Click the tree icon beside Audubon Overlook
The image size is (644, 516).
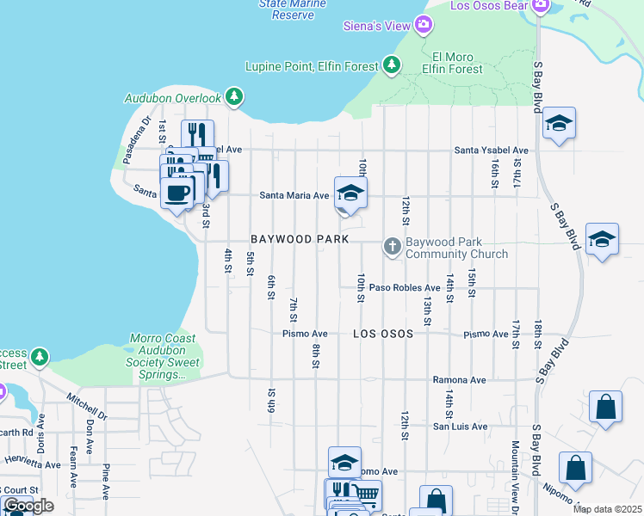[233, 98]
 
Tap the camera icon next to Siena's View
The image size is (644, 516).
[423, 25]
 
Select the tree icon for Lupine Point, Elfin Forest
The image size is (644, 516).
[392, 64]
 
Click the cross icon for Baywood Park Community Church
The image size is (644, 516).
[392, 248]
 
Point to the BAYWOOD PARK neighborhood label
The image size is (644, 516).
[299, 238]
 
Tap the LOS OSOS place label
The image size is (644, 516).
[382, 333]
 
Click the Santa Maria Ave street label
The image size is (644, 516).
[294, 196]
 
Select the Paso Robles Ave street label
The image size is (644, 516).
[409, 288]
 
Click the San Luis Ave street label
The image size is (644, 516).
[460, 426]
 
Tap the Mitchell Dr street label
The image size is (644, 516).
[88, 405]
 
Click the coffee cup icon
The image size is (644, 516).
[177, 193]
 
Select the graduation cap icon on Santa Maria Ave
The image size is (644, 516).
[350, 193]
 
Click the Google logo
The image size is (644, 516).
[28, 506]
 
